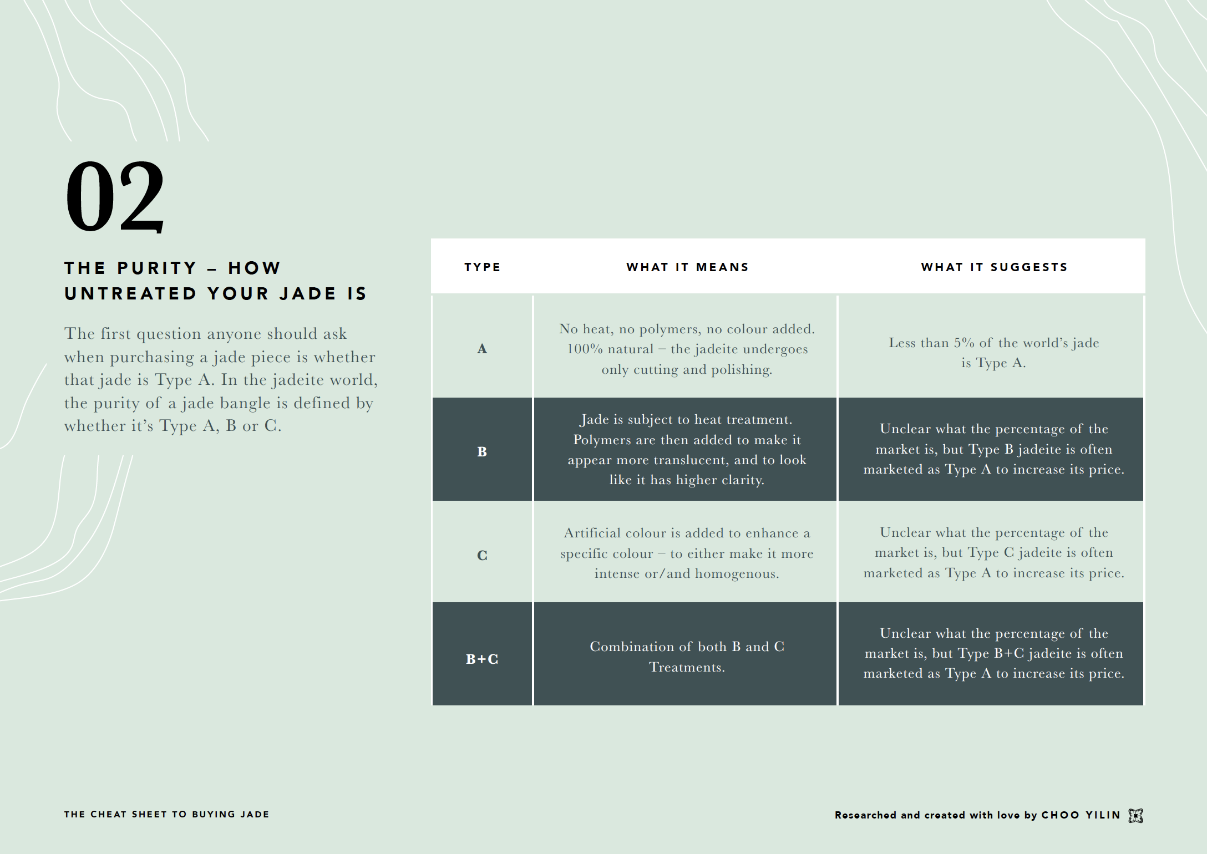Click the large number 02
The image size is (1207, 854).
[115, 196]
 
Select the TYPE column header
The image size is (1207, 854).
[482, 267]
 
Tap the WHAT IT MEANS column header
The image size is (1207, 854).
[687, 267]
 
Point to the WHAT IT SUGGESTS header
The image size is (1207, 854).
[994, 267]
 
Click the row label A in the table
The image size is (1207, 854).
[482, 349]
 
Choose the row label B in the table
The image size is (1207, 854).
[482, 452]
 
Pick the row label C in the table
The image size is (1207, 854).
[482, 555]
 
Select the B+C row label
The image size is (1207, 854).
[482, 659]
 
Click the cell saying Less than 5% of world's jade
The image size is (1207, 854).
[993, 353]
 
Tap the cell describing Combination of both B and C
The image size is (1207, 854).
[687, 657]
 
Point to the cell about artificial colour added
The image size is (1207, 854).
[687, 553]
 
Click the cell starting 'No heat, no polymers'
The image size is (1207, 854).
[687, 349]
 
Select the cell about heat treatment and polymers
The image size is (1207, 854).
[687, 450]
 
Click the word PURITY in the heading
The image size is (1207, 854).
[157, 268]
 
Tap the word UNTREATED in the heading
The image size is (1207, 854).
[130, 293]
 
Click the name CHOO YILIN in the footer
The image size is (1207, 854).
[1081, 815]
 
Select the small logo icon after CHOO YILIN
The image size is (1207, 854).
[1135, 815]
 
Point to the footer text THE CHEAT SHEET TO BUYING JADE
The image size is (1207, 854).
[166, 814]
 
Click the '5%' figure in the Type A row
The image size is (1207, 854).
[964, 343]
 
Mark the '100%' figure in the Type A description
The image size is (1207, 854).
[584, 349]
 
